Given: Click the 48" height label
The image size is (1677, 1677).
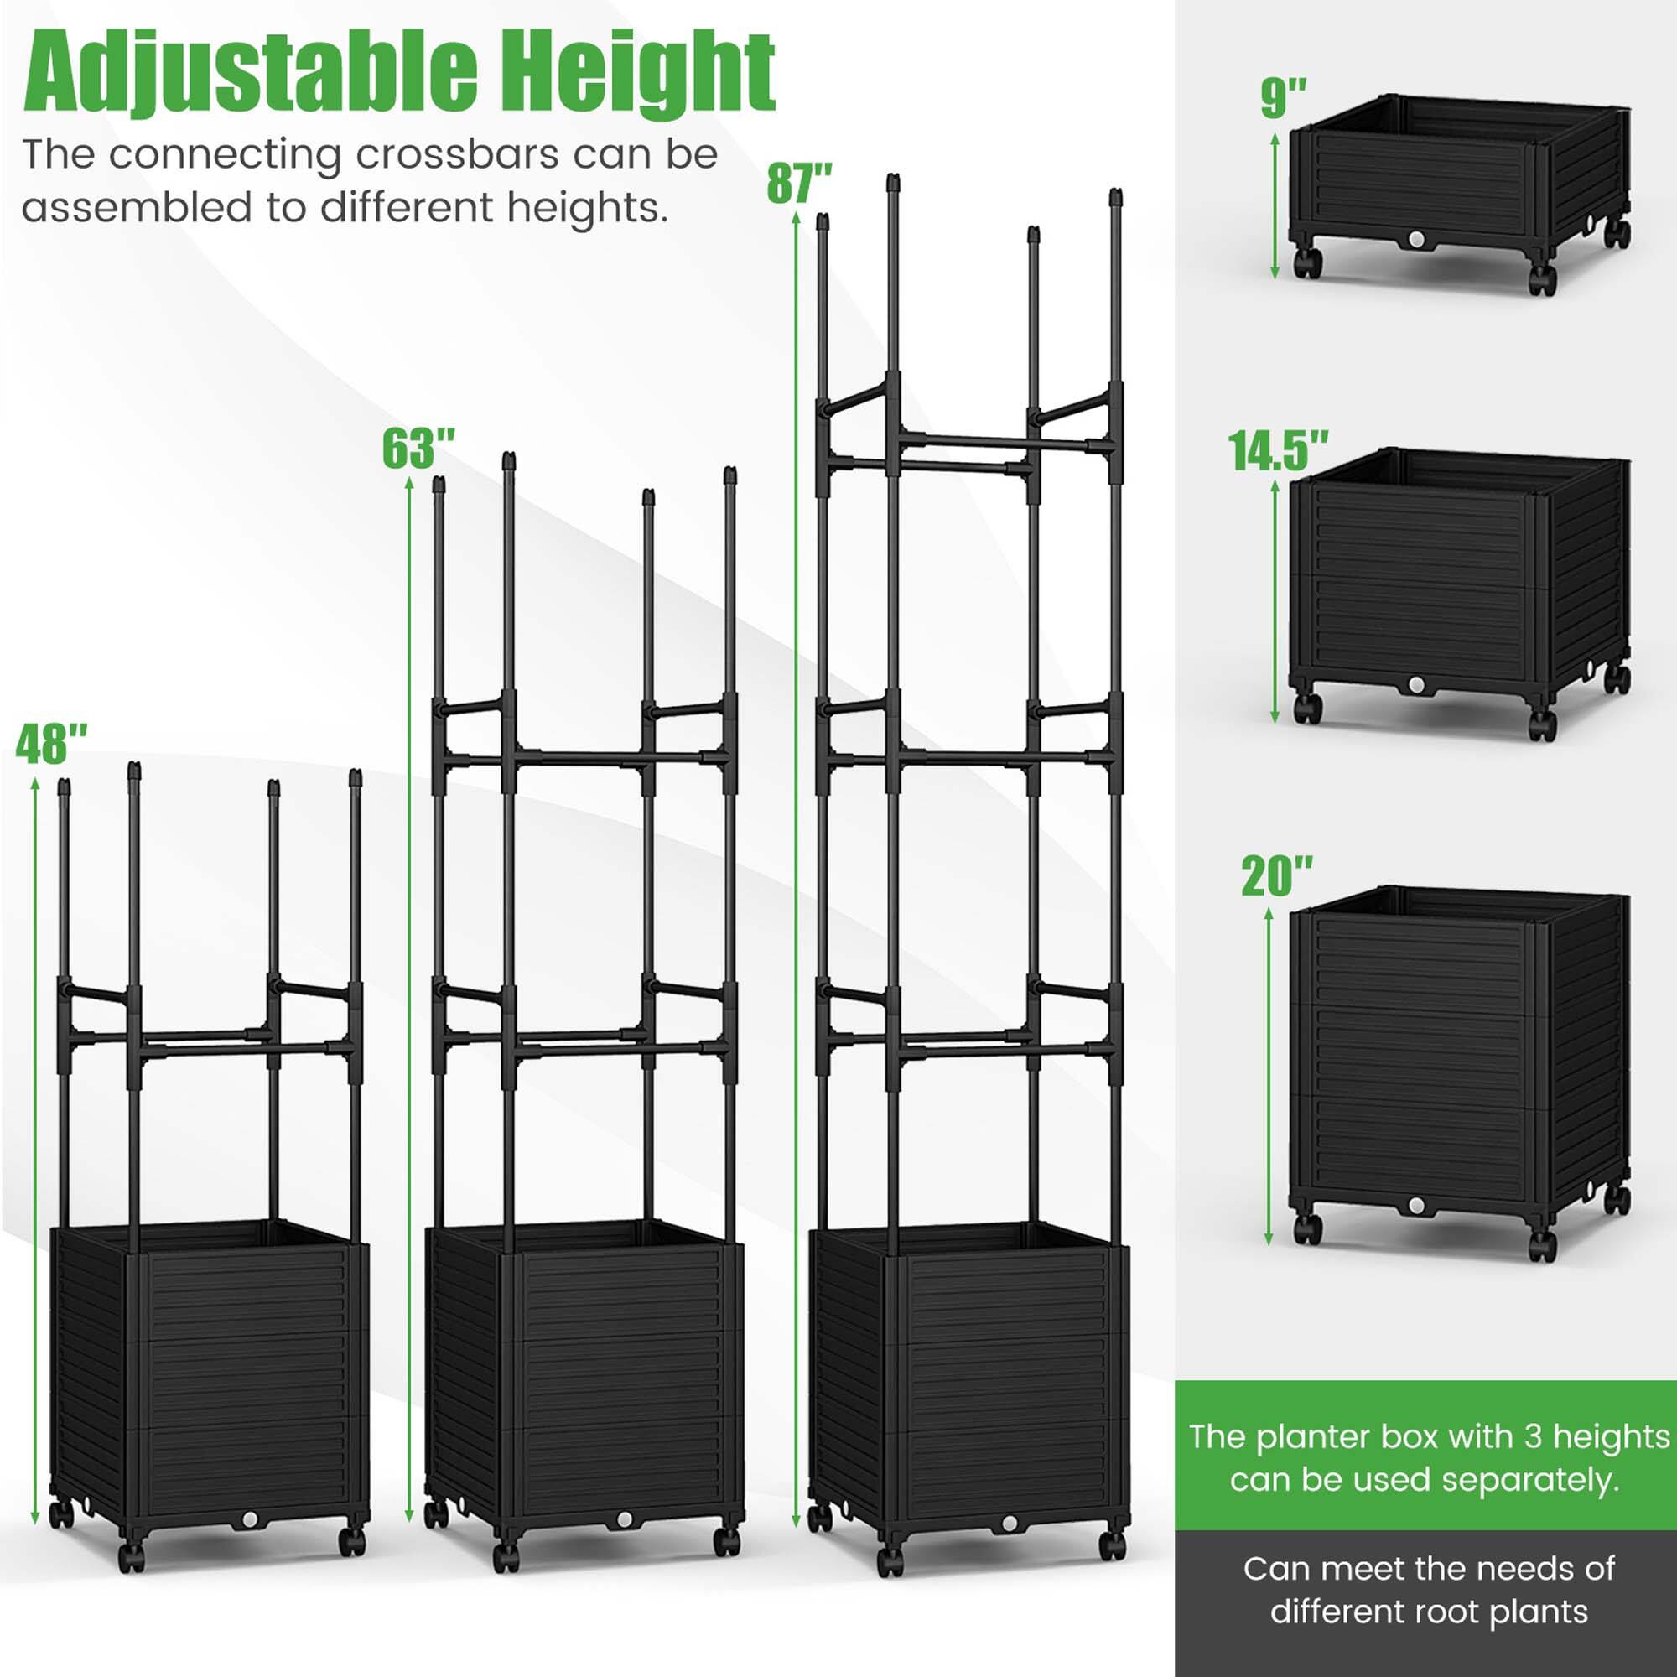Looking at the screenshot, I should click(52, 745).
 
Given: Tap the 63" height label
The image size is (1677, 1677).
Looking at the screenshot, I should click(419, 448).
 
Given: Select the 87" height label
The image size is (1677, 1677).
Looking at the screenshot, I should click(799, 183).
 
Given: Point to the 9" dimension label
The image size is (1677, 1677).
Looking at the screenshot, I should click(1284, 97).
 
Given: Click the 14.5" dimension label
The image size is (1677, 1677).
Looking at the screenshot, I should click(1278, 451).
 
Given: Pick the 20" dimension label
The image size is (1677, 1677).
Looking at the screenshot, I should click(1277, 877).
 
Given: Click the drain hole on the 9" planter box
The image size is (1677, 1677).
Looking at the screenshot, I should click(1416, 238).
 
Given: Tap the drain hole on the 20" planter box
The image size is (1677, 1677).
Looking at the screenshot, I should click(1416, 1206).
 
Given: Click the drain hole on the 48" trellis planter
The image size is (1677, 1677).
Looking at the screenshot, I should click(251, 1521).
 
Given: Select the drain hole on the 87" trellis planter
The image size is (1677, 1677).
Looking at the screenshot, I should click(1010, 1524).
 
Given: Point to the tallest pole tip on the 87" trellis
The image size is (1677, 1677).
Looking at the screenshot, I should click(892, 183).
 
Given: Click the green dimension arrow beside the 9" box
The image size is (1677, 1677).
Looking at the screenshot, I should click(1275, 205).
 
